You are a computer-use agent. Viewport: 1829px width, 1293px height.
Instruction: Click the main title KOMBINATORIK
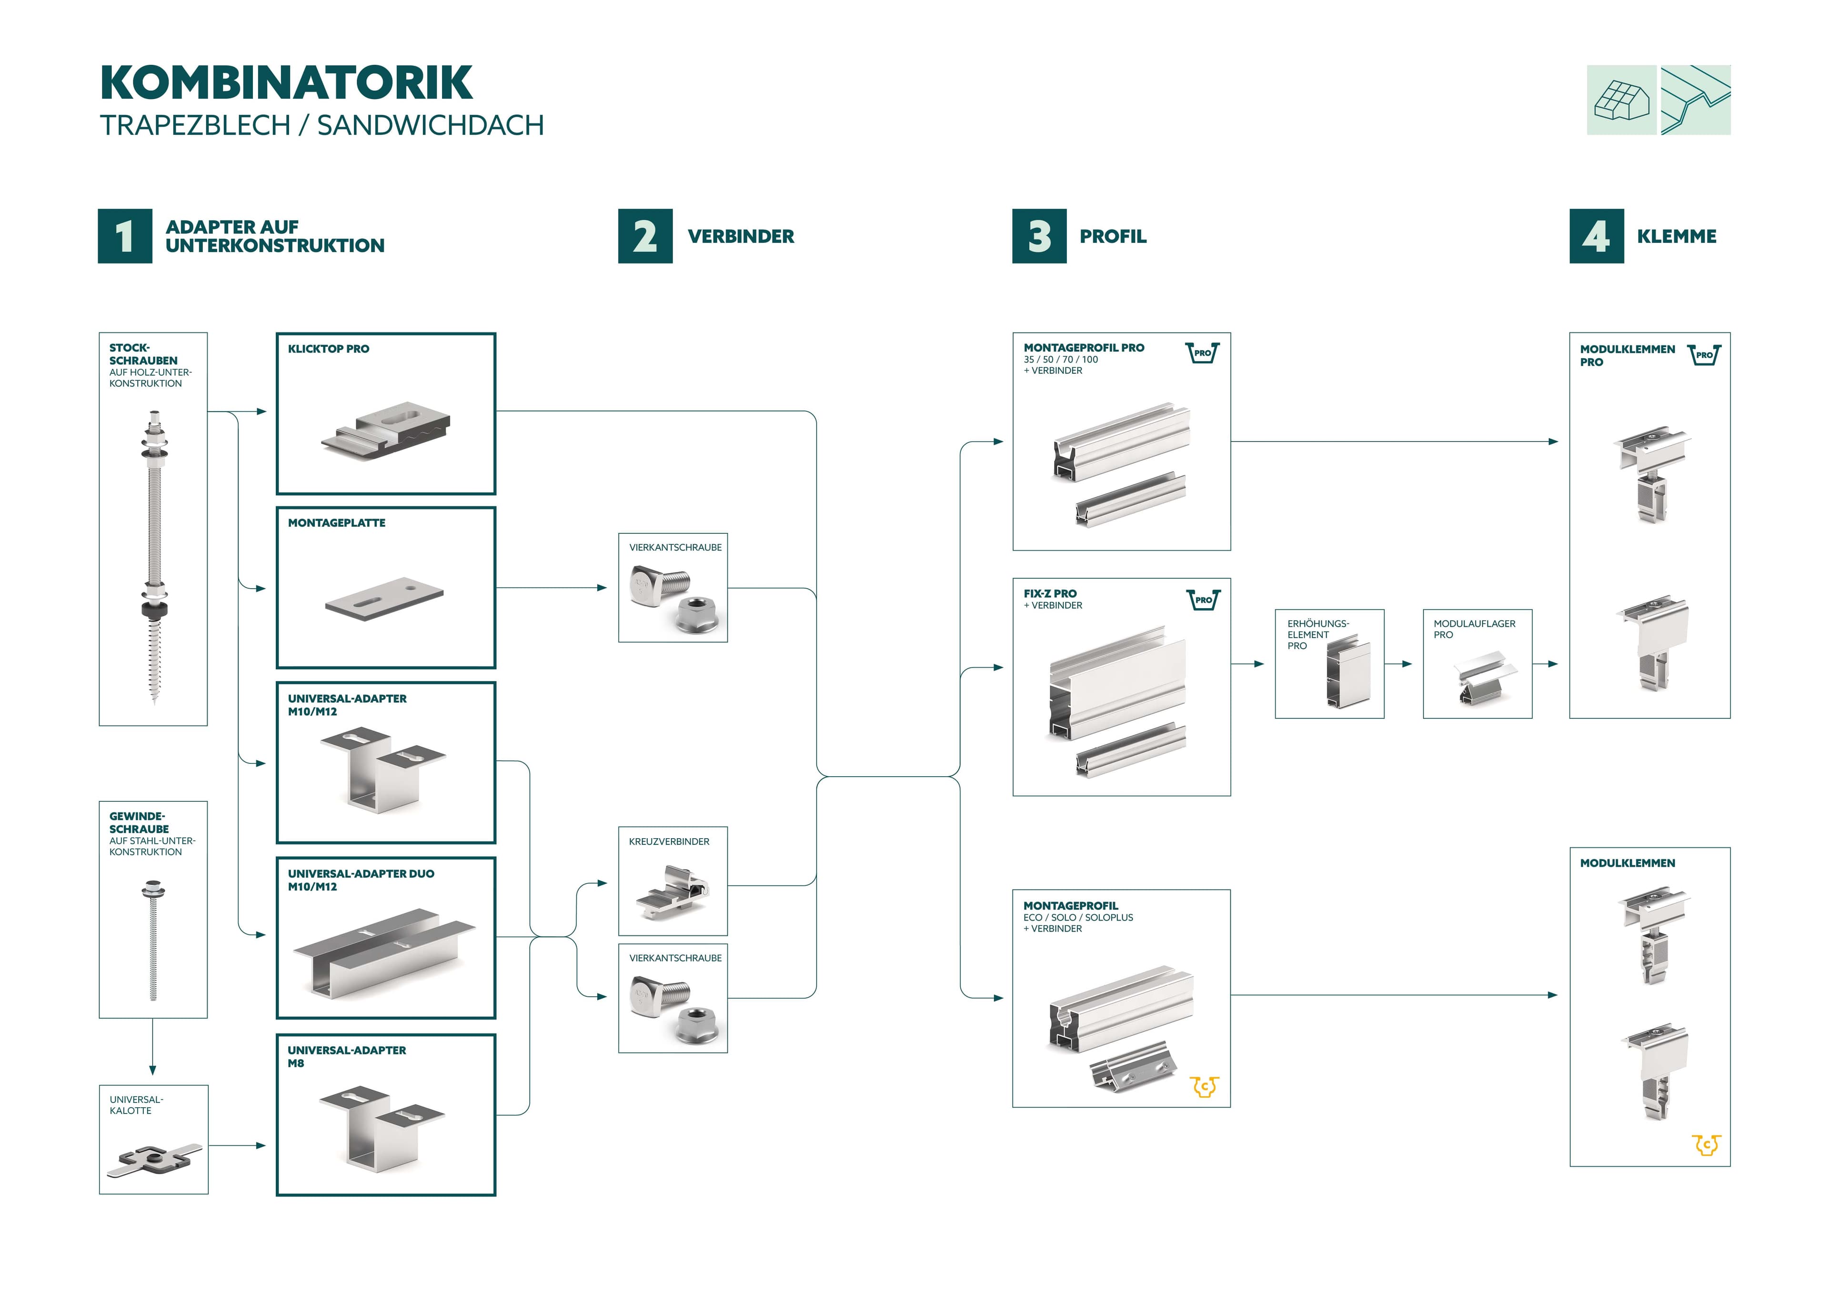[x=286, y=83]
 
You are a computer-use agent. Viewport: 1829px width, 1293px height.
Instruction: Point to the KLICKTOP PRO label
[x=328, y=349]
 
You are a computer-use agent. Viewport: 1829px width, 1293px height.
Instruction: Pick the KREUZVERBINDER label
[x=668, y=842]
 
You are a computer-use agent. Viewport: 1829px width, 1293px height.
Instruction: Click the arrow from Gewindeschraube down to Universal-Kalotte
[x=152, y=1050]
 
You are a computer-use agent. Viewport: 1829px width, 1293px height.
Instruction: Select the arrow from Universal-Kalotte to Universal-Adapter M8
[x=237, y=1146]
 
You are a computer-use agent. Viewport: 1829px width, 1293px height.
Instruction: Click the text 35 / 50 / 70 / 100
[x=1060, y=359]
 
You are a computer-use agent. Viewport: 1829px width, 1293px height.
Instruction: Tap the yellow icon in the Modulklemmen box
[x=1706, y=1145]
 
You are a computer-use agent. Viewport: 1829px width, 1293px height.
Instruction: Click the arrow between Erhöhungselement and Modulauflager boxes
[x=1403, y=663]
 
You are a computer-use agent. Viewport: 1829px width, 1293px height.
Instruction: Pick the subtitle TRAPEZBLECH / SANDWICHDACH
[x=322, y=125]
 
